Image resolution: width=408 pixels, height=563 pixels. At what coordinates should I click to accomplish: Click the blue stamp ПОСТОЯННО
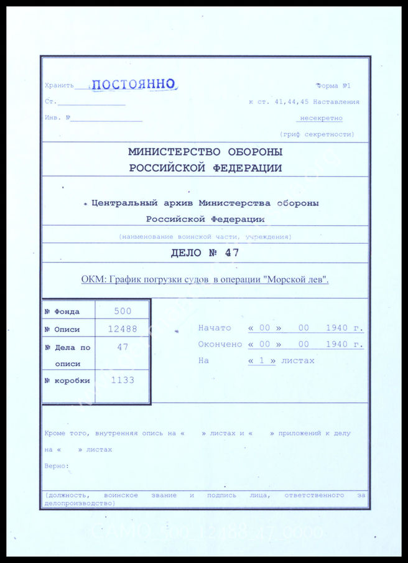tap(135, 85)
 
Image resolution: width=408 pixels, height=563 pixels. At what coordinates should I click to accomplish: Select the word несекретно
tap(321, 118)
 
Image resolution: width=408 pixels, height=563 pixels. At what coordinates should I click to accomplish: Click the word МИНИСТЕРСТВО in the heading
tap(172, 152)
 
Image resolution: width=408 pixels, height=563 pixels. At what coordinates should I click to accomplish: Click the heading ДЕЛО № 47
tap(205, 253)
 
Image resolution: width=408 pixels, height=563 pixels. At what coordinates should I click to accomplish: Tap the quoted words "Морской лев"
tap(296, 280)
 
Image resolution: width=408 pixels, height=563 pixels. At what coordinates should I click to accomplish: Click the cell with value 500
tap(123, 311)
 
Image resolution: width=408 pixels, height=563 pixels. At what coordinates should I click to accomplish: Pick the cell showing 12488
tap(123, 329)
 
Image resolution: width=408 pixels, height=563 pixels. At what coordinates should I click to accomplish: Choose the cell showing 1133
tap(123, 380)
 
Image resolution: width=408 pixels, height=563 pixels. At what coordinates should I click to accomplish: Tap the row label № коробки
tap(67, 381)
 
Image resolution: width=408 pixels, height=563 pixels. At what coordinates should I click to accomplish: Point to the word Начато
tap(215, 328)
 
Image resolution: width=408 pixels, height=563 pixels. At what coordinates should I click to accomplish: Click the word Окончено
tap(220, 344)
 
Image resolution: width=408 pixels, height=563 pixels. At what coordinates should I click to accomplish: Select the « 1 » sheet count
tap(262, 361)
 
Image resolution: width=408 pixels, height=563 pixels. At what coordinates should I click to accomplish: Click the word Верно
tap(57, 465)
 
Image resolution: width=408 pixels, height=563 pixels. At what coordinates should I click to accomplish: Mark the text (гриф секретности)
tap(317, 134)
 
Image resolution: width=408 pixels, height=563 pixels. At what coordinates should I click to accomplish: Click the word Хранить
tap(59, 86)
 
